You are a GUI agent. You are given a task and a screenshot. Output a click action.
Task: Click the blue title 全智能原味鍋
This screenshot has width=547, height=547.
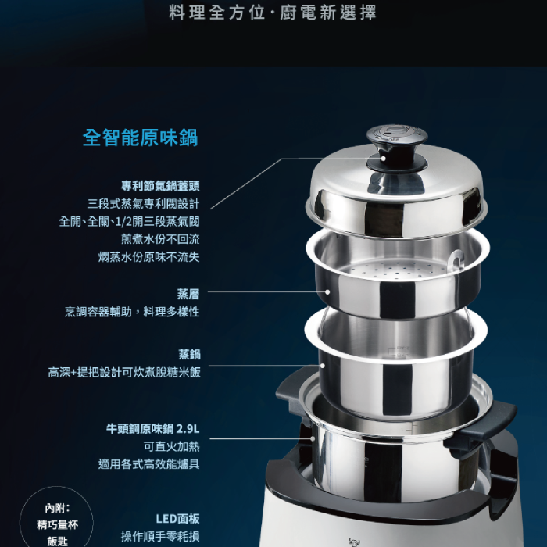(x=140, y=138)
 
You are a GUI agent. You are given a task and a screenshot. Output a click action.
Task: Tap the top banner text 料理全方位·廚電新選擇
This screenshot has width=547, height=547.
(x=273, y=13)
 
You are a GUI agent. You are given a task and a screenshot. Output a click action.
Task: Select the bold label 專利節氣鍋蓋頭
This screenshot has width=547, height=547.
(x=160, y=186)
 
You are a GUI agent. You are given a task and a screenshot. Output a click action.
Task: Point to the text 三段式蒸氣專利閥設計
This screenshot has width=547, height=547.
(x=143, y=204)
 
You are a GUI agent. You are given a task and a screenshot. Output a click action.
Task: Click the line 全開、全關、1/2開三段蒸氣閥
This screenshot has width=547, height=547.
(x=129, y=221)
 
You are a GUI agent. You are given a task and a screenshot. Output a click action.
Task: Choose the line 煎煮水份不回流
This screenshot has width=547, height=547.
(x=160, y=239)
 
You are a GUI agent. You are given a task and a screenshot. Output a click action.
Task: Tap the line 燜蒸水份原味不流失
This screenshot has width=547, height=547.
(x=149, y=257)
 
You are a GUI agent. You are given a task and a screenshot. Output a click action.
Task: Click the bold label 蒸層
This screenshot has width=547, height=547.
(x=188, y=294)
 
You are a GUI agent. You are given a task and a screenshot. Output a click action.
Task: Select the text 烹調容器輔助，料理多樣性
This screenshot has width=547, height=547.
(x=132, y=312)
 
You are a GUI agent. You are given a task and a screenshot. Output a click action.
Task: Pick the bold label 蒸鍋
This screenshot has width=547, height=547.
(x=189, y=355)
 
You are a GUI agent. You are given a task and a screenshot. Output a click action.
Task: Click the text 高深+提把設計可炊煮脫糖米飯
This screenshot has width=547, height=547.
(x=124, y=373)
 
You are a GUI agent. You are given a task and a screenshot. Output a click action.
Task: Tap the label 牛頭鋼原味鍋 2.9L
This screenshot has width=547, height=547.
(x=153, y=429)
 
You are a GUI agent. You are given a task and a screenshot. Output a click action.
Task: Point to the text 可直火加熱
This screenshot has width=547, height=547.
(x=171, y=446)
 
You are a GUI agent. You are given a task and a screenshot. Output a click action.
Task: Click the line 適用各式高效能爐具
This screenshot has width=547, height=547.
(x=149, y=464)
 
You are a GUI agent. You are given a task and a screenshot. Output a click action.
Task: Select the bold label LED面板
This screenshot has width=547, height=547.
(x=177, y=519)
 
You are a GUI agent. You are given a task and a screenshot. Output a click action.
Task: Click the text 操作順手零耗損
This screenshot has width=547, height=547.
(x=160, y=537)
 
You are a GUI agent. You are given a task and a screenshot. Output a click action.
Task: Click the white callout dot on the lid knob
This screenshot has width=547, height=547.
(x=384, y=159)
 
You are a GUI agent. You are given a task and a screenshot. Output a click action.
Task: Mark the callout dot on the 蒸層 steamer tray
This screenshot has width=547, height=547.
(x=327, y=292)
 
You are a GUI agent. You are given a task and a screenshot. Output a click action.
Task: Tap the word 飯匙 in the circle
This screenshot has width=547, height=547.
(x=57, y=541)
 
